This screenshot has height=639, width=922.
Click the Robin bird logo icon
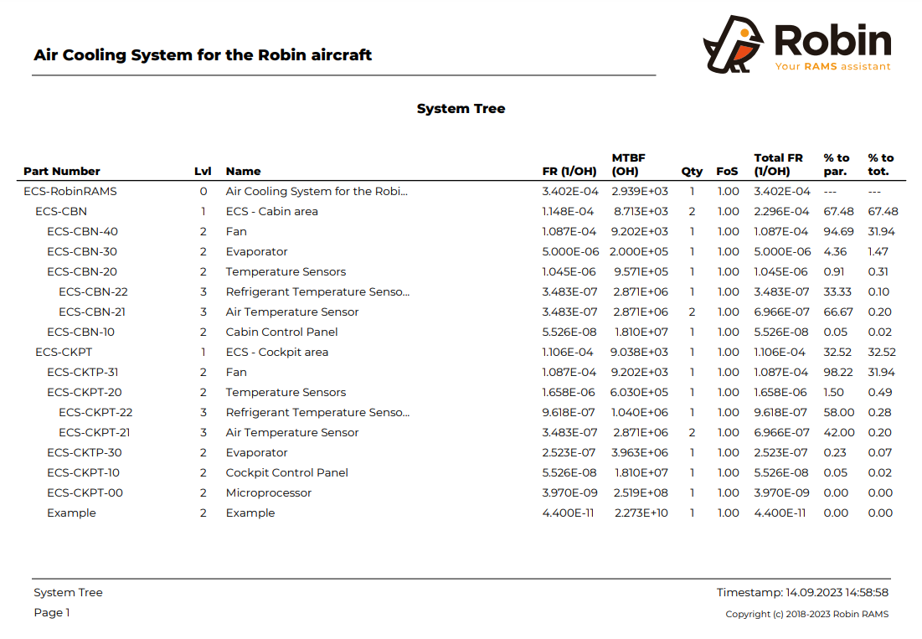(734, 44)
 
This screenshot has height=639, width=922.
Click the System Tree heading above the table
(461, 109)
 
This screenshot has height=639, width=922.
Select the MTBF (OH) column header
(629, 164)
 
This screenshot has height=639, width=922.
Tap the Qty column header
(692, 171)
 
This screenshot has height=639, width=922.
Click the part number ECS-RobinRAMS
(70, 191)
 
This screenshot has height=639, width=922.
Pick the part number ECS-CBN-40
(82, 231)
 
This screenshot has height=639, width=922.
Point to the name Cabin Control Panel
(281, 332)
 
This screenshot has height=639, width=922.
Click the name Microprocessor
(268, 492)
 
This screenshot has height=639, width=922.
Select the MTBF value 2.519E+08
(641, 492)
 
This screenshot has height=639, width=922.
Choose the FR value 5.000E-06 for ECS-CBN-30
(569, 251)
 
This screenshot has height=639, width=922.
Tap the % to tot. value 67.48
(883, 211)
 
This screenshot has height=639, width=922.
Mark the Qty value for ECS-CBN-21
(692, 312)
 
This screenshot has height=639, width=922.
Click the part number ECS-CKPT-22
(95, 412)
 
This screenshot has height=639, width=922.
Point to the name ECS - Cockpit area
(276, 352)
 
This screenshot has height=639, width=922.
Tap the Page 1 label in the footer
(52, 612)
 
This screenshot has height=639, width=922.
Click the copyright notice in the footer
(806, 614)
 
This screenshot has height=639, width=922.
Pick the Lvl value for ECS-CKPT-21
(203, 432)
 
